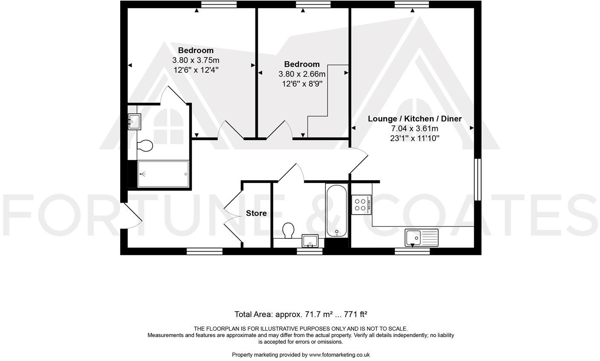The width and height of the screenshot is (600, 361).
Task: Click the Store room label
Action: (256, 213)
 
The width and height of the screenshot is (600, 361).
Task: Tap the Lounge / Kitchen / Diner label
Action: (415, 119)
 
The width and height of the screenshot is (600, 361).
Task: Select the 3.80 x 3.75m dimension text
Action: (196, 60)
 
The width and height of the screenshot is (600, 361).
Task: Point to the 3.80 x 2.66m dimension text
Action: (302, 74)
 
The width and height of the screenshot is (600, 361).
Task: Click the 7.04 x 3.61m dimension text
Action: (415, 129)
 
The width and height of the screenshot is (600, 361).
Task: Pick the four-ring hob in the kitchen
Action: (361, 204)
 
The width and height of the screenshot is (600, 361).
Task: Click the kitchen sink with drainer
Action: (421, 237)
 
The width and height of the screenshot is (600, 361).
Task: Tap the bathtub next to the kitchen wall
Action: (337, 211)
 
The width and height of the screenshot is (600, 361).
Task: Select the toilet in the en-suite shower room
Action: (145, 146)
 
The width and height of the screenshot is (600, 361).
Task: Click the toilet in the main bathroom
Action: (288, 230)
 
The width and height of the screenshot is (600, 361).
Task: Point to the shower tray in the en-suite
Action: (163, 174)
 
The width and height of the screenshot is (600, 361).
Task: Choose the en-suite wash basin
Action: (134, 121)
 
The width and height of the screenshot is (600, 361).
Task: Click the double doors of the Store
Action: (232, 213)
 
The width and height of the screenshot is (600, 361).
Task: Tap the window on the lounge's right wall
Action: (478, 179)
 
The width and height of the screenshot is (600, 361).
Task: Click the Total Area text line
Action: (300, 315)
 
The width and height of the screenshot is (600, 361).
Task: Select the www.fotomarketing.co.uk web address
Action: (339, 355)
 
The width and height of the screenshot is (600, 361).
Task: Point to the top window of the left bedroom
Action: (219, 4)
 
